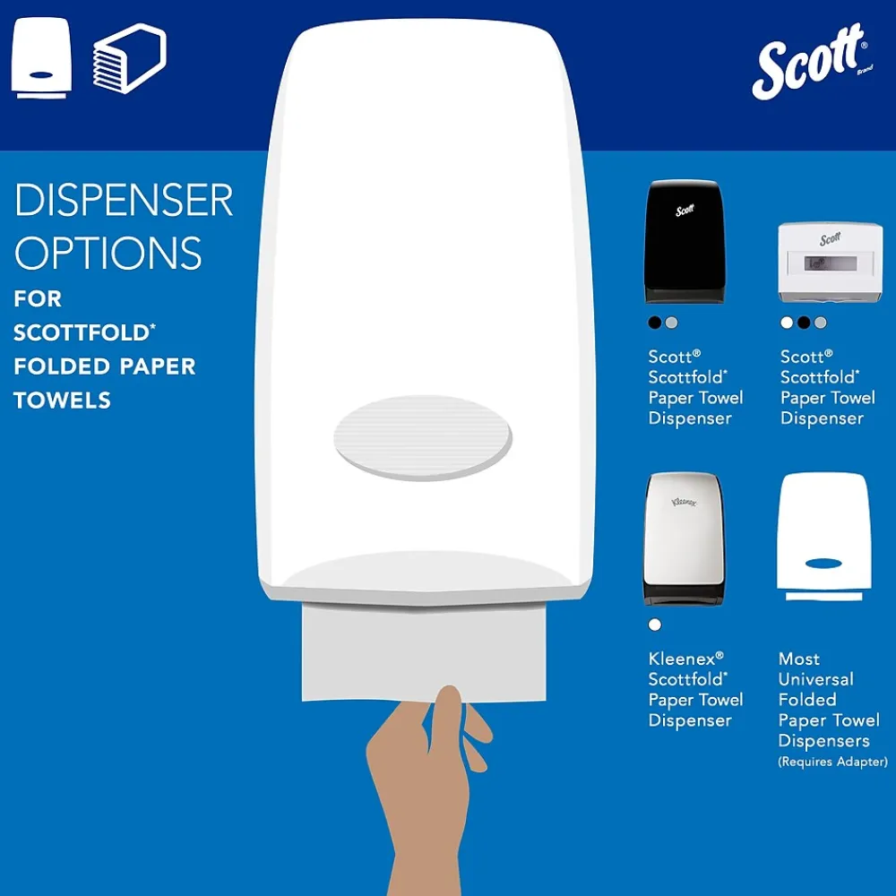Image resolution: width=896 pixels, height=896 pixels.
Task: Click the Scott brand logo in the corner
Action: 812,61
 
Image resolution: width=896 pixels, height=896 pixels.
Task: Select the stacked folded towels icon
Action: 130,58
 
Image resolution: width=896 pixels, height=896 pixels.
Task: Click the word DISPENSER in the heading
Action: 124,200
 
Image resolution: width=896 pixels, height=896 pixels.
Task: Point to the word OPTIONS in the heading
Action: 108,253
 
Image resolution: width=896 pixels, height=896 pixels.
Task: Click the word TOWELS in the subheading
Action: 63,401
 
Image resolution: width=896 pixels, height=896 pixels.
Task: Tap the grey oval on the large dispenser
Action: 423,438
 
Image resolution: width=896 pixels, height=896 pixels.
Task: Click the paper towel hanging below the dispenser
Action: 424,651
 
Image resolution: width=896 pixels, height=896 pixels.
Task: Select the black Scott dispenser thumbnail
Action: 685,242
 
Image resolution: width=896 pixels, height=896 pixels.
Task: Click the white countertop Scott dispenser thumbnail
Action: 830,263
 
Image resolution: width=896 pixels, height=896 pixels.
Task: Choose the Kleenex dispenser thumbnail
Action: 685,538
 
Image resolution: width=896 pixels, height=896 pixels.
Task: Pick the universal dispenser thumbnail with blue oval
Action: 824,536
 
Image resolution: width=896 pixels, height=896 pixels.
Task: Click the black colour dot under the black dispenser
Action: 655,323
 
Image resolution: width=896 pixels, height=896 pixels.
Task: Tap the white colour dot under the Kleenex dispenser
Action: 655,625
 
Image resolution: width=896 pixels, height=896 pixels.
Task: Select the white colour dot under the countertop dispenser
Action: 787,323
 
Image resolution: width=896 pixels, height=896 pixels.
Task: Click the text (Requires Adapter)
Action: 832,762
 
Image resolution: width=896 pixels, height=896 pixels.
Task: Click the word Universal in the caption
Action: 815,679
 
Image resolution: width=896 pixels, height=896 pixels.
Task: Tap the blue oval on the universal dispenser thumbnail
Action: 823,564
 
